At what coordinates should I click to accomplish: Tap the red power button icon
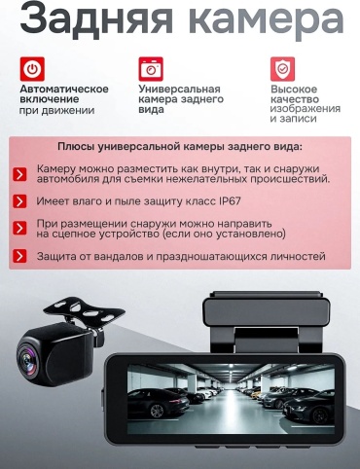tap(32, 69)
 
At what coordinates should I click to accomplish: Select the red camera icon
tap(151, 69)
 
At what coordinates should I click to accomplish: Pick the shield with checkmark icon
tap(283, 69)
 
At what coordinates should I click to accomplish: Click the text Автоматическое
tap(64, 89)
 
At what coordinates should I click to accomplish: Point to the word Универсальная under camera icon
tap(179, 89)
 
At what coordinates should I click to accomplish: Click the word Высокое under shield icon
tap(294, 90)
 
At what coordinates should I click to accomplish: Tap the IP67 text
tap(230, 201)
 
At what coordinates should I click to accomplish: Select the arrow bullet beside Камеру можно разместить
tap(19, 174)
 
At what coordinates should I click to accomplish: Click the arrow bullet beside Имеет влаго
tap(19, 201)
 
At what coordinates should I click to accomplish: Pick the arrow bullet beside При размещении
tap(19, 228)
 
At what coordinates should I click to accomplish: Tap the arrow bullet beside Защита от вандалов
tap(19, 256)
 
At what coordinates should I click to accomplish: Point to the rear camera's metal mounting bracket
tap(84, 311)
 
